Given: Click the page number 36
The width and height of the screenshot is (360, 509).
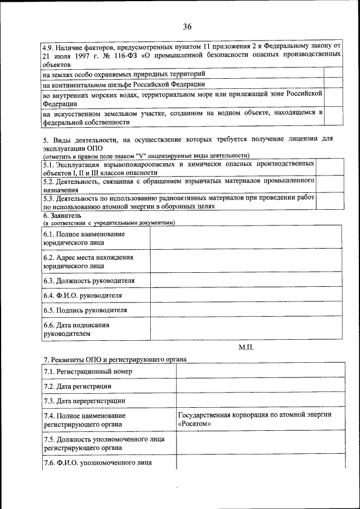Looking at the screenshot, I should (x=187, y=26).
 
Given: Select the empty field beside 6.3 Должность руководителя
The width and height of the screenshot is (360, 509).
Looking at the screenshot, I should (x=245, y=281).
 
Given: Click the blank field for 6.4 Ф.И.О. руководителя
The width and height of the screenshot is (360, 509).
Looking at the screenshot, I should (x=245, y=295).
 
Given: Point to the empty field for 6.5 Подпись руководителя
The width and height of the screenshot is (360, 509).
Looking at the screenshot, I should (x=245, y=310).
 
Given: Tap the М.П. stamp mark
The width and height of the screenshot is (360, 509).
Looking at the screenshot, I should (x=246, y=348).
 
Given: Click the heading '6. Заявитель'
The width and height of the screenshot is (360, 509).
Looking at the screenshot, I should (x=62, y=215).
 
